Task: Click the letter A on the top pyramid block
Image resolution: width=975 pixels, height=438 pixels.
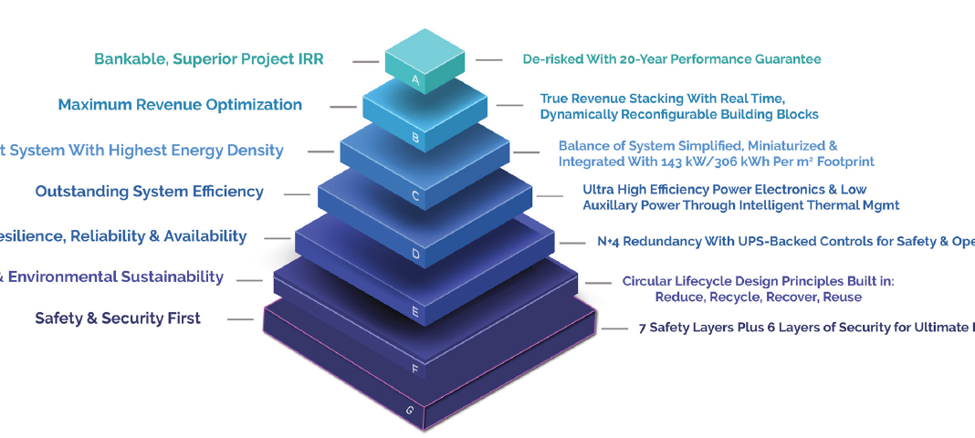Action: click(x=415, y=80)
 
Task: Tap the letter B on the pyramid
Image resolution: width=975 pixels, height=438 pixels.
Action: click(x=415, y=139)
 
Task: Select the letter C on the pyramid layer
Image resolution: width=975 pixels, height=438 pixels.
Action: click(x=415, y=195)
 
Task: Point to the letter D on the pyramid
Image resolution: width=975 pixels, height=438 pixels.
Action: click(x=415, y=254)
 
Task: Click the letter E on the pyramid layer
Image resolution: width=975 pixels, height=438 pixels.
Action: click(x=415, y=312)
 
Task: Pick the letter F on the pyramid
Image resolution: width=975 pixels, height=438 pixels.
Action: click(x=415, y=370)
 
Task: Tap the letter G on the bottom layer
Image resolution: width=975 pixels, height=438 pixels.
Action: click(x=409, y=410)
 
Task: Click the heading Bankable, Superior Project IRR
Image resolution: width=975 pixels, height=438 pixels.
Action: click(x=209, y=59)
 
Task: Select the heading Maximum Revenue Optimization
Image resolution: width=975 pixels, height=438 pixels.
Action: click(x=180, y=105)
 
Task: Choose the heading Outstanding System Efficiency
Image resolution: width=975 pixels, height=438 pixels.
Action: click(x=149, y=192)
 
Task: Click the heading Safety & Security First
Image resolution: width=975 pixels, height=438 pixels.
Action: click(x=118, y=318)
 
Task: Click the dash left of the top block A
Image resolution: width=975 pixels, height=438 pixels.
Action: click(x=366, y=61)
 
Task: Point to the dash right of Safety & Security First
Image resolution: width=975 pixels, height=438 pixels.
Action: click(x=240, y=319)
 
